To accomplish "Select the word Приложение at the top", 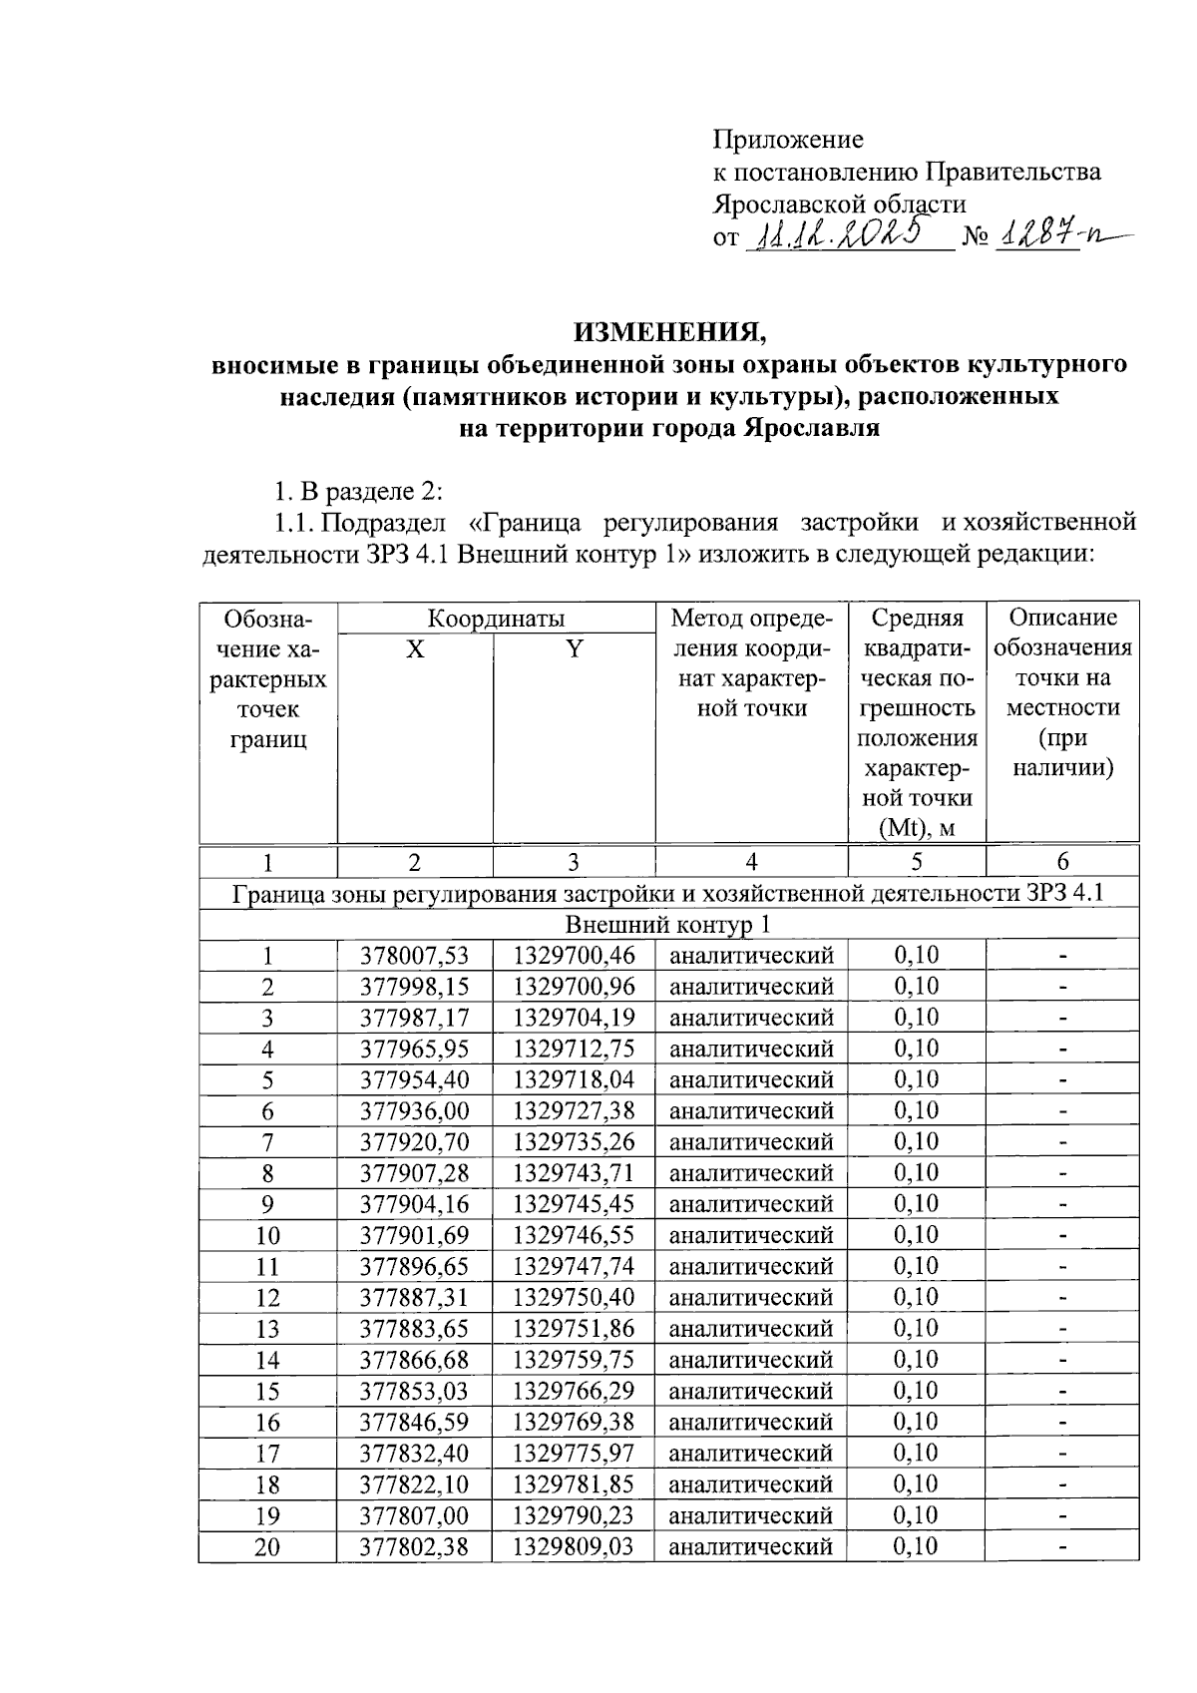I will [x=788, y=140].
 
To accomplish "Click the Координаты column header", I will [x=496, y=618].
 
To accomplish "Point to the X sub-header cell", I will [x=415, y=649].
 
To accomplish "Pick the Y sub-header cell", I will [x=574, y=649].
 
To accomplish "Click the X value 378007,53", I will [x=415, y=956].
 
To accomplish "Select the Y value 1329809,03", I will [x=574, y=1547].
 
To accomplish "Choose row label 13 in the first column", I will [x=267, y=1330].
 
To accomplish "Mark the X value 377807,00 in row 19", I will [x=415, y=1516].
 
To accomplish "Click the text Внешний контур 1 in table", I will [x=668, y=925].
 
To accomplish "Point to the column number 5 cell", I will [x=916, y=862].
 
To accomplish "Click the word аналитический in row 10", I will [x=751, y=1236].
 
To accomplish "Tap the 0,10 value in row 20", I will [x=916, y=1547].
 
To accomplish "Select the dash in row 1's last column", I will [x=1062, y=957].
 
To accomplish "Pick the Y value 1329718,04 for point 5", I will [x=574, y=1080].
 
